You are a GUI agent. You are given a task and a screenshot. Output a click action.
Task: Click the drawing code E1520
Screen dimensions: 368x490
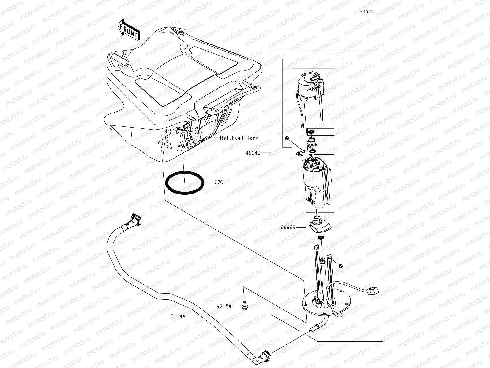point(367,12)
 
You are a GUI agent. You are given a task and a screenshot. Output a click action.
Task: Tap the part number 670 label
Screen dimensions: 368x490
point(219,182)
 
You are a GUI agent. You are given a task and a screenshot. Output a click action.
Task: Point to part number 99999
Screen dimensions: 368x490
point(288,227)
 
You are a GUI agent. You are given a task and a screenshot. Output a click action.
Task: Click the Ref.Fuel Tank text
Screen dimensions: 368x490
point(239,138)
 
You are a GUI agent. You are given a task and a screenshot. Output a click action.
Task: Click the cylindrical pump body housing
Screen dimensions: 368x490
point(315,184)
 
